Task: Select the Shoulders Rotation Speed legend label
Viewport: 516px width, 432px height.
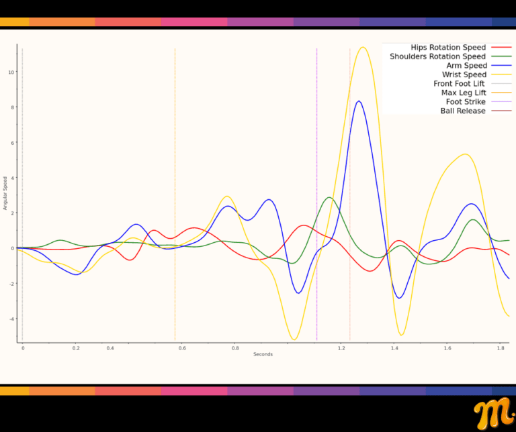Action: tap(437, 56)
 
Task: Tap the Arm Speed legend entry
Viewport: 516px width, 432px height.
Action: tap(466, 66)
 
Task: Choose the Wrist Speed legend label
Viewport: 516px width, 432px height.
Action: tap(464, 74)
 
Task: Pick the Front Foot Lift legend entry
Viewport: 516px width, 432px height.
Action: tap(459, 84)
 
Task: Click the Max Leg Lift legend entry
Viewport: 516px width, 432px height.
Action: tap(462, 93)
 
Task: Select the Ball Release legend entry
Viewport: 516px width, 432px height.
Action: tap(462, 111)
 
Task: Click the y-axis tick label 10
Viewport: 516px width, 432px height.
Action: tap(11, 72)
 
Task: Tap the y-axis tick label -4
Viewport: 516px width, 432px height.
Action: tap(11, 319)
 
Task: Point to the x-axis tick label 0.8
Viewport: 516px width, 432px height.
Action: tap(235, 349)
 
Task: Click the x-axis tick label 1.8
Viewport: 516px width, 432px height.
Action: tap(501, 349)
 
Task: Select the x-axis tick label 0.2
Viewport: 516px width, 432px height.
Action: tap(76, 349)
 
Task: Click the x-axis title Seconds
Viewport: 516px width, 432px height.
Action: tap(263, 354)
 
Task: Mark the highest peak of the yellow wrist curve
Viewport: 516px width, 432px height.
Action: tap(363, 47)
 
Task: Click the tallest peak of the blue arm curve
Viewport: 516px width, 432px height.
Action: tap(359, 101)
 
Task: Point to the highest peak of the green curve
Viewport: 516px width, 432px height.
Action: tap(329, 197)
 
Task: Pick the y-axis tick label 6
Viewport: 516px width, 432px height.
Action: tap(12, 142)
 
